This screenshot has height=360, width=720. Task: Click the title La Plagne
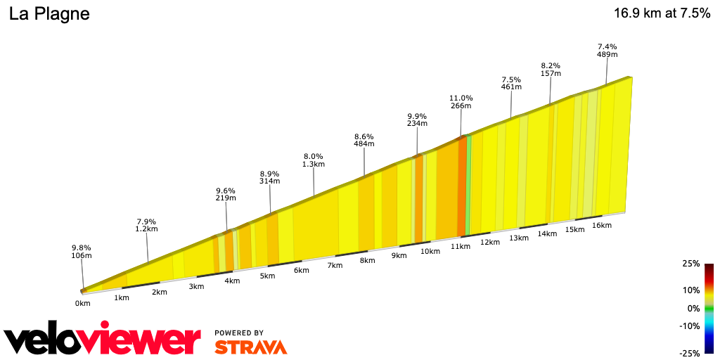(x=49, y=14)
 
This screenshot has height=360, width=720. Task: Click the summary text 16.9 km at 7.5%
(x=662, y=13)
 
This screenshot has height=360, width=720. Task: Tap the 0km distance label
(x=83, y=303)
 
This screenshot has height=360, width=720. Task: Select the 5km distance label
(x=267, y=276)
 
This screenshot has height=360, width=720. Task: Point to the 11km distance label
(x=460, y=246)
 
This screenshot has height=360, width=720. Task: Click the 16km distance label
(x=602, y=225)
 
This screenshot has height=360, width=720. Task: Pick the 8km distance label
(x=367, y=260)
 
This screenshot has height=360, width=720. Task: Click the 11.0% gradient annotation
(x=461, y=102)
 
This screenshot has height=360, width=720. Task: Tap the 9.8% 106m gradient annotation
(x=82, y=252)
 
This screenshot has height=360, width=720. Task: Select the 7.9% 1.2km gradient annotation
(x=146, y=225)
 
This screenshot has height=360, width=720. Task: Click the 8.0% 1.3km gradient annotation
(x=314, y=160)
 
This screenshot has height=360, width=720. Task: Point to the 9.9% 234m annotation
(x=417, y=120)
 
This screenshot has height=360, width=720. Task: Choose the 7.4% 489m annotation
(x=607, y=50)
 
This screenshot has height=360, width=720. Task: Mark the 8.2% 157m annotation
(x=551, y=68)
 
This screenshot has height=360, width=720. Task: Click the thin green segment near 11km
(x=468, y=186)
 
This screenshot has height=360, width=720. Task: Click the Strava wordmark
(x=250, y=347)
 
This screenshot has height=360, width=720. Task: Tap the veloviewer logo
(x=102, y=340)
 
